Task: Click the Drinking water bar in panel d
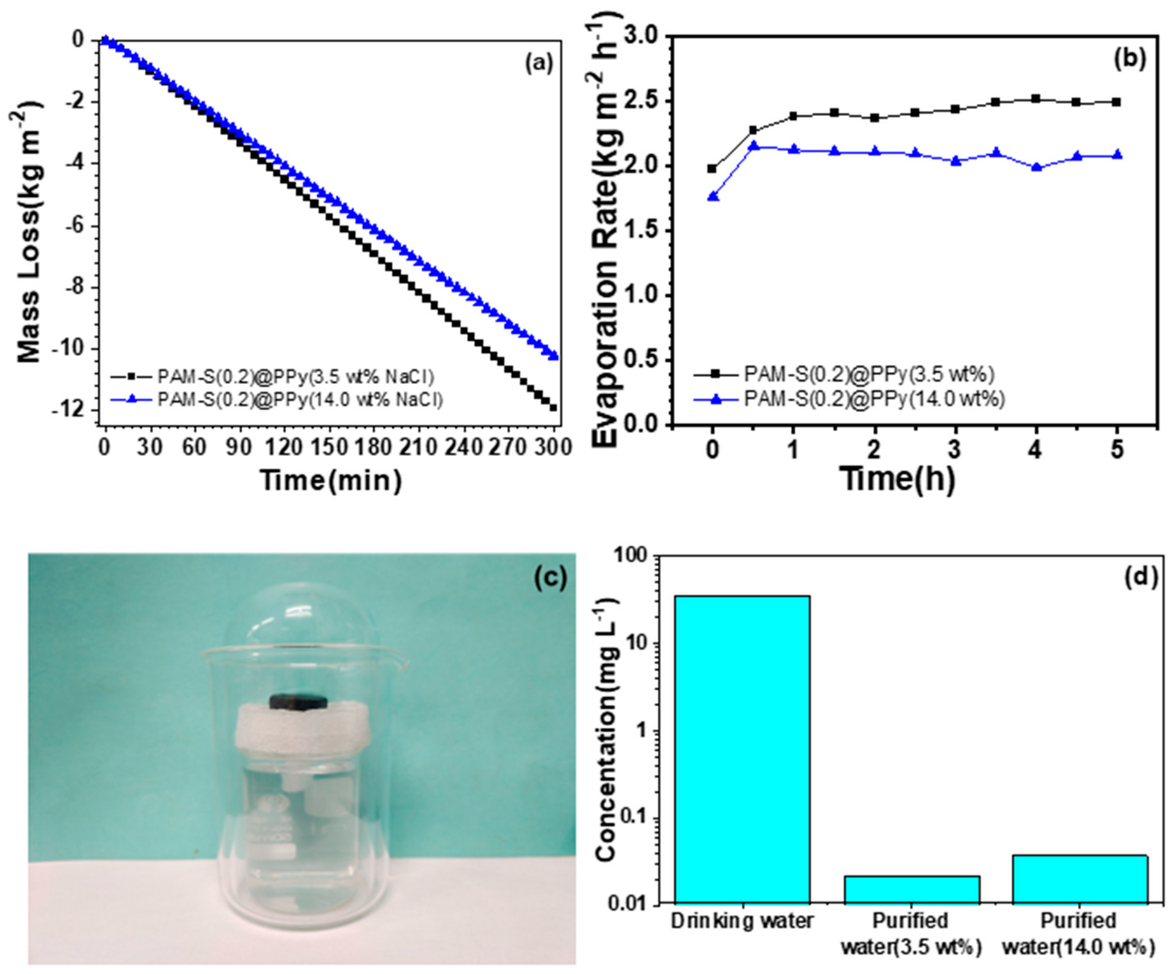742,749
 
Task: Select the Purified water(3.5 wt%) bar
912,889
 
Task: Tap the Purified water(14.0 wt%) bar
1080,879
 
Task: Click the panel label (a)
538,64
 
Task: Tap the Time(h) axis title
898,478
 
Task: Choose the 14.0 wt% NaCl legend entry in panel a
300,400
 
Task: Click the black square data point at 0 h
712,169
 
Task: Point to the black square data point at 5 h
1116,102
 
